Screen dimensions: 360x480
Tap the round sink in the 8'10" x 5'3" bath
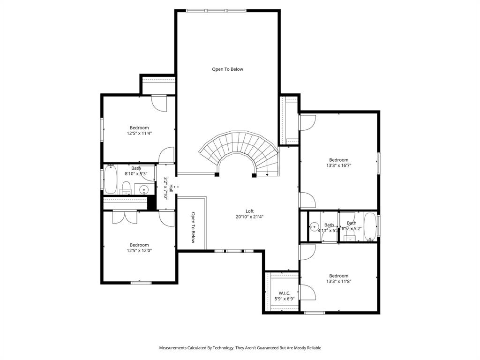[x=144, y=190]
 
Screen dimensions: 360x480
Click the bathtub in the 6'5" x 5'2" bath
[x=370, y=227]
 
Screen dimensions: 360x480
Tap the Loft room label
[x=249, y=211]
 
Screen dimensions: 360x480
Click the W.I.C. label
[x=285, y=293]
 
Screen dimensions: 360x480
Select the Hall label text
[x=172, y=188]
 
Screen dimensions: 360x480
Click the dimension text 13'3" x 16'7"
[x=338, y=165]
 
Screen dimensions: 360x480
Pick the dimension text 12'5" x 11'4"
[x=139, y=133]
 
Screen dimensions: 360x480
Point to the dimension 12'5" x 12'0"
[x=139, y=250]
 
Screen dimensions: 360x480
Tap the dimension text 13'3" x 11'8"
[x=338, y=281]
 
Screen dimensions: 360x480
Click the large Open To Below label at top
[x=227, y=69]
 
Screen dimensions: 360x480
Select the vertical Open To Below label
[x=193, y=228]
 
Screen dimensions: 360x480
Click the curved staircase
[x=239, y=148]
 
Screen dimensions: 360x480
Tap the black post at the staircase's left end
[x=217, y=175]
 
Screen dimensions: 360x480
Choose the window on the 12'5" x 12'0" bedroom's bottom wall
[x=141, y=283]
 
